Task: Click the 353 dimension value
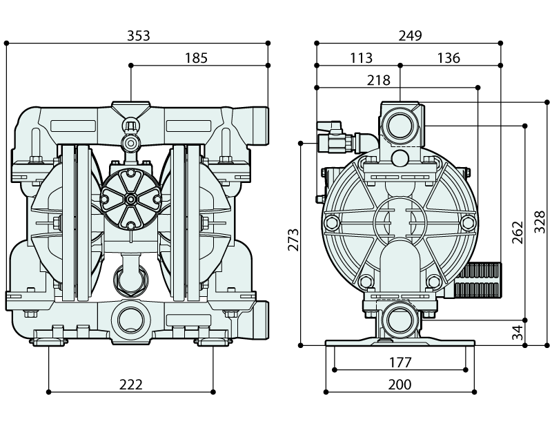139,35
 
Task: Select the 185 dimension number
196,58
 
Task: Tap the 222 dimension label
130,385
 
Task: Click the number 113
360,58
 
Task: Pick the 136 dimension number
448,58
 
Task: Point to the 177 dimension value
400,361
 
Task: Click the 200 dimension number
400,385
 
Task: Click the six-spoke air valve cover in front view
130,198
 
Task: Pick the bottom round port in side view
399,320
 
